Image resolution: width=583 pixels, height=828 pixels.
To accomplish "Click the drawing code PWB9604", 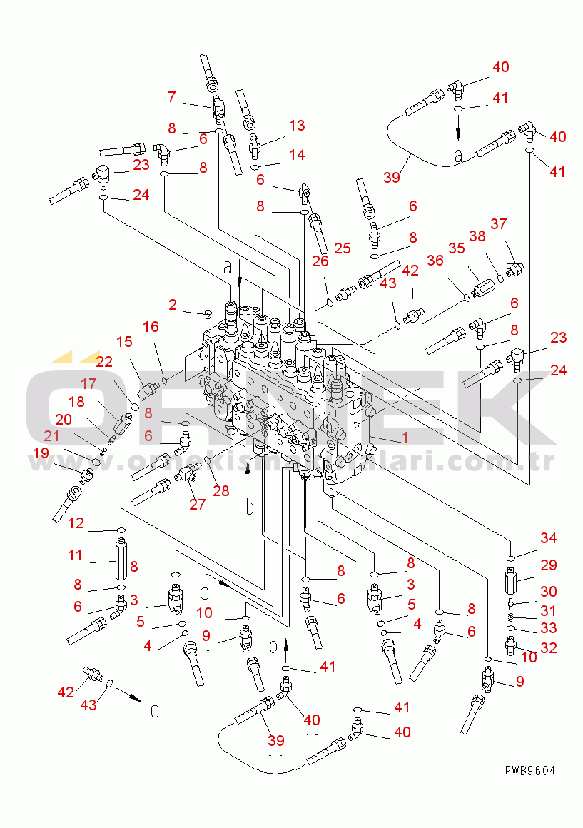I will (529, 770).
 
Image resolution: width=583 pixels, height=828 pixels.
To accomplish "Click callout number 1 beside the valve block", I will (405, 438).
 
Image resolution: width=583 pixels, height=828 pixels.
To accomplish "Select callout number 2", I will (173, 306).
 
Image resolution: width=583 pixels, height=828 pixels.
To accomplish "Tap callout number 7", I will (171, 96).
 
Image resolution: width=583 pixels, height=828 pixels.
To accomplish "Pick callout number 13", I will (296, 126).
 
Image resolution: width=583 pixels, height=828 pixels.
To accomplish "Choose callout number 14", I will (296, 155).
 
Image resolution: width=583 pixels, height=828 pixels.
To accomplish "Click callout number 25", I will (343, 248).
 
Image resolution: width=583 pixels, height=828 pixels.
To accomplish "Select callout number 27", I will (197, 504).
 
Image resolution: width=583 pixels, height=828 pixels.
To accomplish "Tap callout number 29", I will (548, 565).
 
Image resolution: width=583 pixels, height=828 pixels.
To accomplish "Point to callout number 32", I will (548, 648).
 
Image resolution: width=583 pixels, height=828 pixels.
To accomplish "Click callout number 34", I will (548, 538).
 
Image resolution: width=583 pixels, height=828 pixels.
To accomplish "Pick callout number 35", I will (456, 248).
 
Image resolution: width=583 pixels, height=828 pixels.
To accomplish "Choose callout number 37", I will (498, 224).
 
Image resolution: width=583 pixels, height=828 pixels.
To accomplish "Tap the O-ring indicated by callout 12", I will (121, 530).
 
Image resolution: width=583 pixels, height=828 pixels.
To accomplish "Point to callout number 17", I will (87, 383).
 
